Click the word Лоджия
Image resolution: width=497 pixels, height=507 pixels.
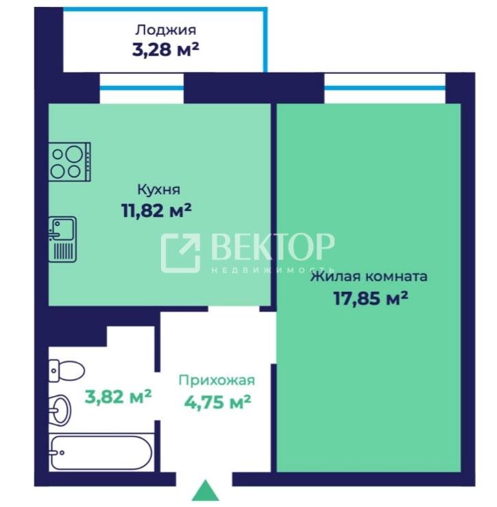pyautogui.click(x=165, y=30)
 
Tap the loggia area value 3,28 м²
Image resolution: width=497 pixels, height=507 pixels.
pyautogui.click(x=165, y=49)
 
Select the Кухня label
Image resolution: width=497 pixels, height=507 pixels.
pyautogui.click(x=158, y=190)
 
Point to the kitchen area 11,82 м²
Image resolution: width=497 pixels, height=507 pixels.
pyautogui.click(x=156, y=210)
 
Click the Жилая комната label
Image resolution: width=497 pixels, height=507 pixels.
pyautogui.click(x=369, y=277)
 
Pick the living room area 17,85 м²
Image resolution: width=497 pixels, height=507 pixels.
pyautogui.click(x=370, y=298)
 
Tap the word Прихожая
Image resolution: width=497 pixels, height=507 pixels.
pyautogui.click(x=217, y=380)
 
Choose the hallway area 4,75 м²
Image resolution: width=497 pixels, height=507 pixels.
pyautogui.click(x=217, y=402)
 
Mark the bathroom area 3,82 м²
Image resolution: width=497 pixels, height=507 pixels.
pyautogui.click(x=118, y=397)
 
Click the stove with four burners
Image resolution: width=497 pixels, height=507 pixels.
pyautogui.click(x=70, y=162)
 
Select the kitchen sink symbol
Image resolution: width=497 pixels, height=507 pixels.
pyautogui.click(x=63, y=239)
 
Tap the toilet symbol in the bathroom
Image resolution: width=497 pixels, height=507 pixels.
pyautogui.click(x=66, y=371)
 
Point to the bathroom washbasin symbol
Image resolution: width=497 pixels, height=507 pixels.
pyautogui.click(x=60, y=410)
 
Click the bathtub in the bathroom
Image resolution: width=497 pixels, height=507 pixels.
pyautogui.click(x=101, y=452)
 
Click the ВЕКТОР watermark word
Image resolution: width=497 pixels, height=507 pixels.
pyautogui.click(x=273, y=247)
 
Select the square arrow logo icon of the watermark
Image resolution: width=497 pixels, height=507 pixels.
pyautogui.click(x=180, y=253)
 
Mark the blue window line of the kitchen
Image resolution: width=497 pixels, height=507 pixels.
pyautogui.click(x=142, y=88)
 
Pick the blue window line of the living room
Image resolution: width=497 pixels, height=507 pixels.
pyautogui.click(x=385, y=88)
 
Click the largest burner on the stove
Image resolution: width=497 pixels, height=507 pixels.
pyautogui.click(x=74, y=154)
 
